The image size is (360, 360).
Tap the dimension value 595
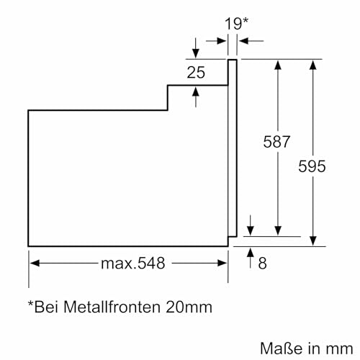(x=312, y=166)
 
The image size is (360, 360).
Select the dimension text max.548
(x=132, y=264)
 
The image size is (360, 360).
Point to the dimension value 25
(x=196, y=72)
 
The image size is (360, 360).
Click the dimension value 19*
(x=235, y=24)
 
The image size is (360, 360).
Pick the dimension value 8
(x=262, y=264)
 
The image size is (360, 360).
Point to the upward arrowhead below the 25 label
(x=196, y=91)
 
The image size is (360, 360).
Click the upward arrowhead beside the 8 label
(x=249, y=252)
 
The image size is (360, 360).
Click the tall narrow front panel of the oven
(x=233, y=148)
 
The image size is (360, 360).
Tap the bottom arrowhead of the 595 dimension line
(x=312, y=241)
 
